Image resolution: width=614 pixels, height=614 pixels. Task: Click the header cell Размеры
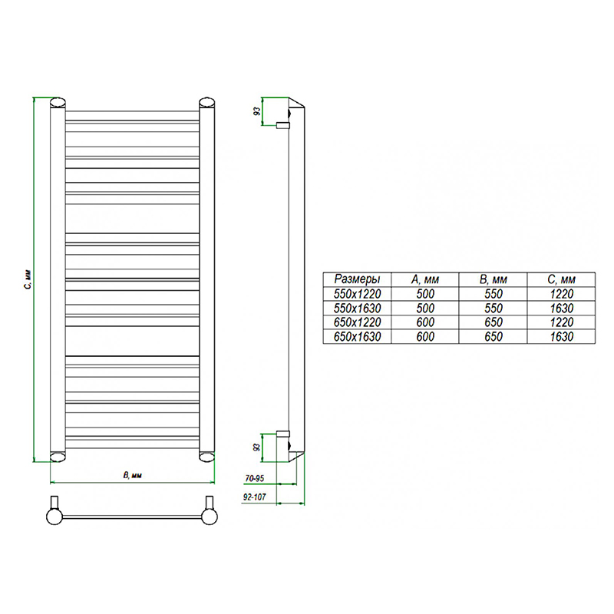tap(357, 279)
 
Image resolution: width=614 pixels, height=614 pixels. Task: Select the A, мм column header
tap(425, 279)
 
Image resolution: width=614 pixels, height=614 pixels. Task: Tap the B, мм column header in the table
tap(493, 279)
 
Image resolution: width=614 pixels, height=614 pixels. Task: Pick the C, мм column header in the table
tap(561, 279)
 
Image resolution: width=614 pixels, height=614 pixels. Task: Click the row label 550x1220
tap(357, 294)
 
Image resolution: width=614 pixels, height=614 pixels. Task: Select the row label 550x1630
tap(357, 309)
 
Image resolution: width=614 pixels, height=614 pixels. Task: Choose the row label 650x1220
tap(357, 322)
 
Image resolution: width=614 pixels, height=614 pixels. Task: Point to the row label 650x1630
tap(357, 337)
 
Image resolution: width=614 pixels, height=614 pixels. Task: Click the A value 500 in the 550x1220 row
tap(425, 294)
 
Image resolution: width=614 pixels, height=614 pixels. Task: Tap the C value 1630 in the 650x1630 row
tap(562, 337)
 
